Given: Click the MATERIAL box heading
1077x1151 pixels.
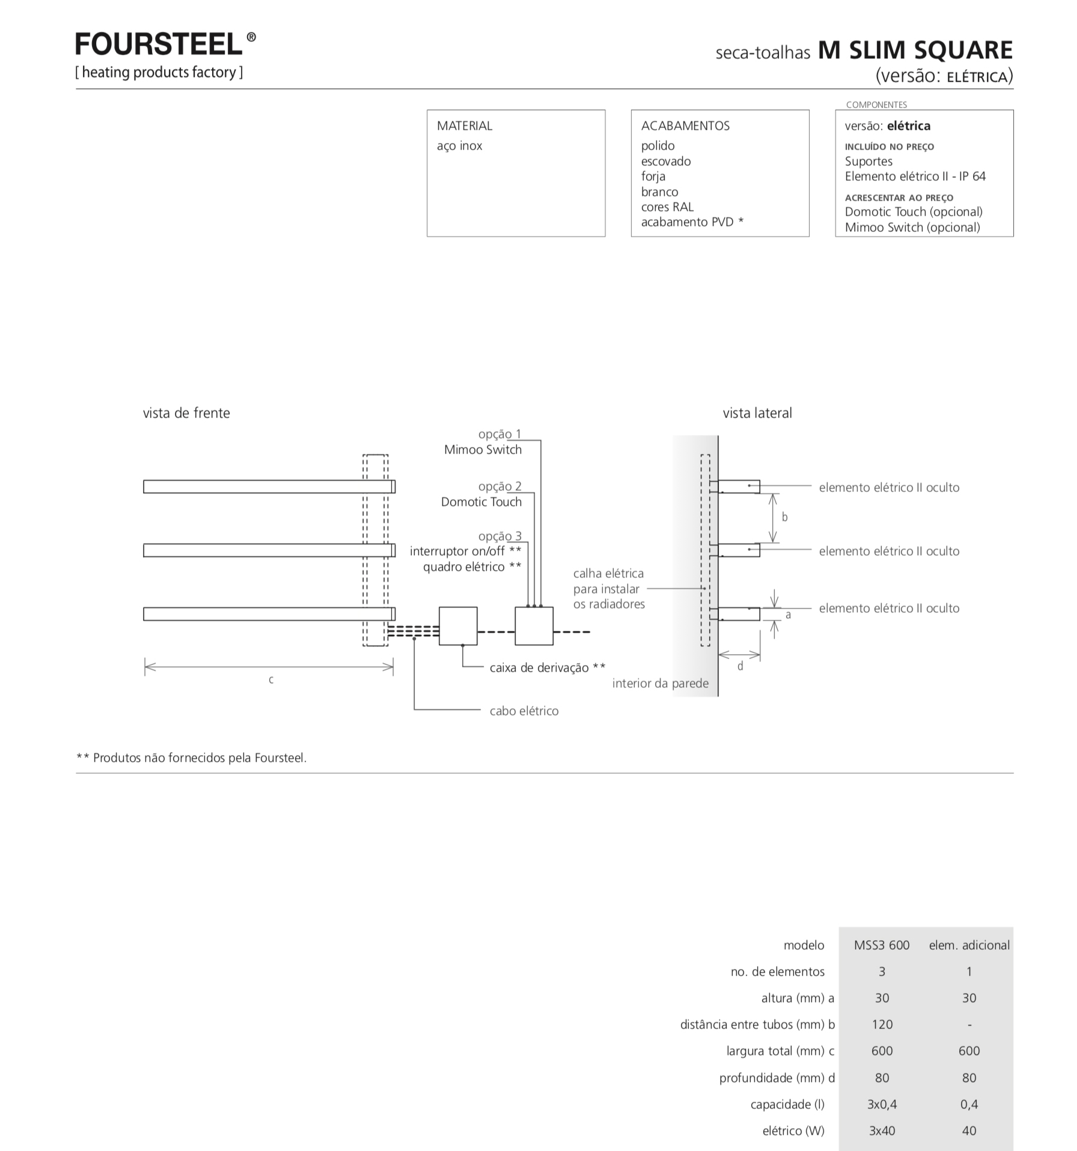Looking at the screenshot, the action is click(x=465, y=126).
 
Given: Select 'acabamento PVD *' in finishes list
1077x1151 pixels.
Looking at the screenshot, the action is click(x=692, y=222).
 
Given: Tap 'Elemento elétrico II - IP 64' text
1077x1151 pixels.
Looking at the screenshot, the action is click(x=915, y=176).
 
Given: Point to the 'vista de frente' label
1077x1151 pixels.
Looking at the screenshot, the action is click(x=186, y=413).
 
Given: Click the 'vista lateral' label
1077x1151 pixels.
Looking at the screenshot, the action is click(x=757, y=413).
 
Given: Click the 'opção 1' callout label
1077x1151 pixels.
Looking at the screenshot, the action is click(x=500, y=434).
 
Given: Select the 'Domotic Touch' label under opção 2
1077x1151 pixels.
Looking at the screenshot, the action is click(x=481, y=502).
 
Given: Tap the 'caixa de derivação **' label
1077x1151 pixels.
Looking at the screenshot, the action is click(x=548, y=667).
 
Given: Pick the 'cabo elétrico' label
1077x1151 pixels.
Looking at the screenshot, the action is click(x=524, y=711).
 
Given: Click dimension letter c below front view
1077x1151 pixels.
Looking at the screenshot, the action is click(x=271, y=679).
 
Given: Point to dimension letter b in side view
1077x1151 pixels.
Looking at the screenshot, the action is click(x=784, y=517).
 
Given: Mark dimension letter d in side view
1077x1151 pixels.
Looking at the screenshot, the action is click(x=740, y=666).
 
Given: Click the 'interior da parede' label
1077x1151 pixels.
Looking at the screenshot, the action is click(x=661, y=683).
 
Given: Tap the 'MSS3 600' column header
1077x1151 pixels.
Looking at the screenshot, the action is click(x=882, y=945).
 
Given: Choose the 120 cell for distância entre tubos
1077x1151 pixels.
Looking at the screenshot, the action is click(x=882, y=1024).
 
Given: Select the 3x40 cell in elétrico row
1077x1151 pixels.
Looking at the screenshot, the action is click(x=882, y=1131).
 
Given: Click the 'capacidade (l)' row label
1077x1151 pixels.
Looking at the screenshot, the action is click(x=787, y=1104).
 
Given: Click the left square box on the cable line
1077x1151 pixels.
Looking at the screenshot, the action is click(x=458, y=626).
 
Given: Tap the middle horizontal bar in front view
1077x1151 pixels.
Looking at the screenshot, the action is click(x=269, y=550).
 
